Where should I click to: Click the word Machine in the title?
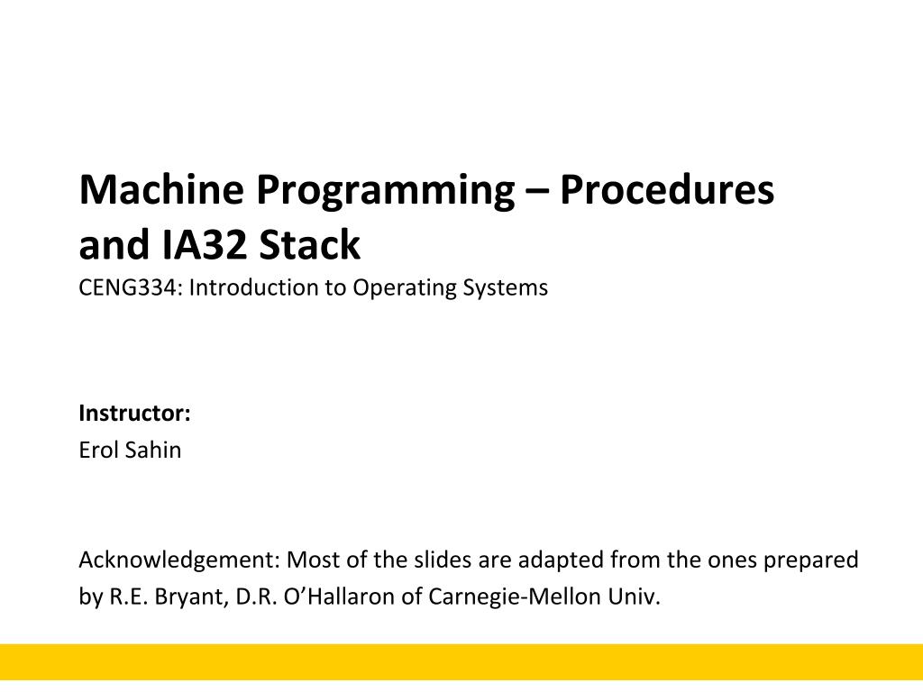click(161, 189)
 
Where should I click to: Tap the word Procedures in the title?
click(667, 189)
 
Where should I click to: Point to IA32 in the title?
click(203, 244)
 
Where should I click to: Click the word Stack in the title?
click(310, 244)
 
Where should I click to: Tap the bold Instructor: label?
click(135, 413)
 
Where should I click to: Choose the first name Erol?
click(98, 451)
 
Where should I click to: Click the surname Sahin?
click(153, 451)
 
